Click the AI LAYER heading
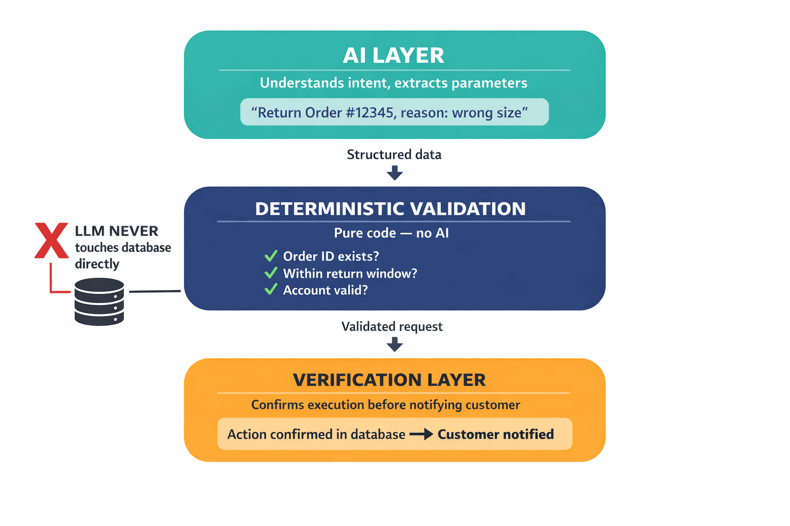pyautogui.click(x=393, y=55)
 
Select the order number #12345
pyautogui.click(x=369, y=112)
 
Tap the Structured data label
pyautogui.click(x=394, y=155)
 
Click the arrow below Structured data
pyautogui.click(x=394, y=173)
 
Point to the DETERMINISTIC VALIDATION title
pyautogui.click(x=390, y=209)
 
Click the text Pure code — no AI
pyautogui.click(x=391, y=233)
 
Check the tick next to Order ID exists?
pyautogui.click(x=271, y=256)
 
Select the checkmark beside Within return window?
pyautogui.click(x=271, y=273)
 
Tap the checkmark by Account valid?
pyautogui.click(x=271, y=290)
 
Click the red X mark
pyautogui.click(x=51, y=240)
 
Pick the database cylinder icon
pyautogui.click(x=99, y=302)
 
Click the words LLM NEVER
pyautogui.click(x=117, y=231)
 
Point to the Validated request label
pyautogui.click(x=392, y=327)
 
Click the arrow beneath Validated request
pyautogui.click(x=394, y=344)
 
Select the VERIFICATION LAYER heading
pyautogui.click(x=389, y=380)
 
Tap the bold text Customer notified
pyautogui.click(x=496, y=435)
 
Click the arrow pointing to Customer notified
pyautogui.click(x=421, y=435)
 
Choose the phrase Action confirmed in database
pyautogui.click(x=316, y=435)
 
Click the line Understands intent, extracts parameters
pyautogui.click(x=393, y=83)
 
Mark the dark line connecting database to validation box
pyautogui.click(x=154, y=291)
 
